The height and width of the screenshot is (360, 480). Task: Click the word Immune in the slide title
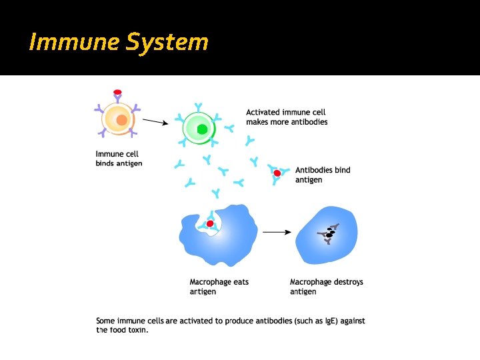coord(62,43)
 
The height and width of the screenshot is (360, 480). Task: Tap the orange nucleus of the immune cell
coord(121,120)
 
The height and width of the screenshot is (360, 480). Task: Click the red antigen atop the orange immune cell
coord(118,92)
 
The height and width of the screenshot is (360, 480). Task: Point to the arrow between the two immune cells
coord(155,122)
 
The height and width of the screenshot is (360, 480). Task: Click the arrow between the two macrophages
coord(277,232)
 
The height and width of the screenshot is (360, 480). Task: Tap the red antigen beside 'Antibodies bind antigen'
coord(277,173)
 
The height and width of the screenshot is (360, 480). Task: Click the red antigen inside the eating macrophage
coord(210,223)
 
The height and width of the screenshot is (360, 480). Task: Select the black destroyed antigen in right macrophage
coord(329,233)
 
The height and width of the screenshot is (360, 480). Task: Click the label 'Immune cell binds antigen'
coord(119,159)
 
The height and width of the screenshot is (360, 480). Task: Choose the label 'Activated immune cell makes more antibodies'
coord(287,117)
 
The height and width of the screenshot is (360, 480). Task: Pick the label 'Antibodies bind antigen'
coord(322,175)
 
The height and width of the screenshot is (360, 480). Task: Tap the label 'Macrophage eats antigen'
coord(219,287)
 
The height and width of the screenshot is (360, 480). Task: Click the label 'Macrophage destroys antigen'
coord(326,287)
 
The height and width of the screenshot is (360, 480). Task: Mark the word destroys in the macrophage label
coord(347,282)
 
